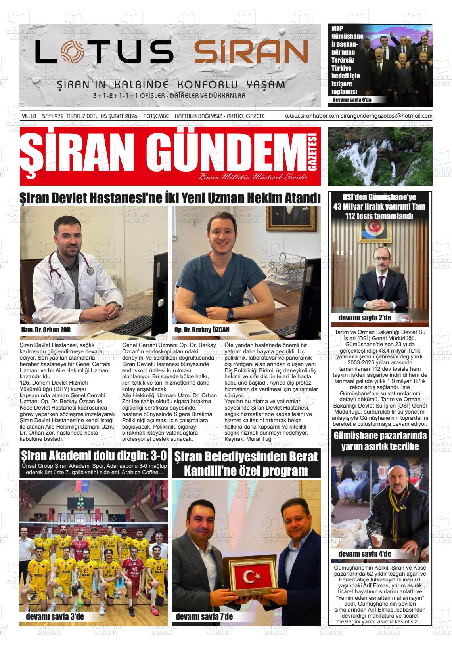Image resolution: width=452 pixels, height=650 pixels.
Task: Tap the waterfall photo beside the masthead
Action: [380, 156]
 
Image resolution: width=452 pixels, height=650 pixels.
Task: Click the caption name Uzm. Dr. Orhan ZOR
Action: [46, 330]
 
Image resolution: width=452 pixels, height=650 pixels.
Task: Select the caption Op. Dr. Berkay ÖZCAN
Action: [202, 330]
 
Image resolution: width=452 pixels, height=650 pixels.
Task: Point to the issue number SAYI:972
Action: [53, 116]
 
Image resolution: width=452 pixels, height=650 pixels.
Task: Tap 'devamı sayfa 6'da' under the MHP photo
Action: [352, 100]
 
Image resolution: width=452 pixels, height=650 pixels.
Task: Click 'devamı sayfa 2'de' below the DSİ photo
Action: [364, 318]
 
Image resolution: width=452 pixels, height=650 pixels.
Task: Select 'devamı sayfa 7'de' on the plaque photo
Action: [204, 617]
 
